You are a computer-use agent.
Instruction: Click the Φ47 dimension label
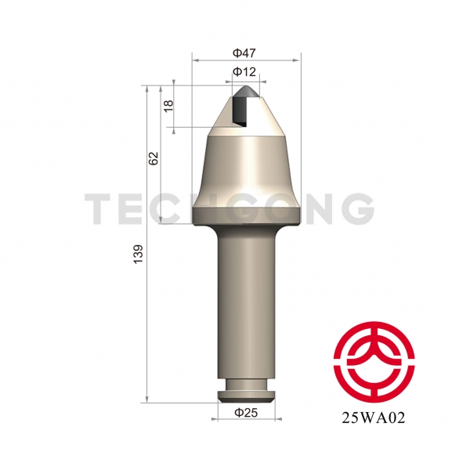pyautogui.click(x=244, y=53)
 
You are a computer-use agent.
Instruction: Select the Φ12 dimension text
pyautogui.click(x=244, y=72)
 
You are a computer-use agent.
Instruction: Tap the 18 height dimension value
pyautogui.click(x=168, y=106)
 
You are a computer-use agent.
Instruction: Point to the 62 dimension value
pyautogui.click(x=154, y=158)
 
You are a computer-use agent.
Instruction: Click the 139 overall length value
pyautogui.click(x=138, y=254)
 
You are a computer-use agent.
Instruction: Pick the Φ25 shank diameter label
pyautogui.click(x=246, y=413)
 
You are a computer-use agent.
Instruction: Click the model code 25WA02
pyautogui.click(x=374, y=418)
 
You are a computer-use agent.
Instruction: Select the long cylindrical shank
pyautogui.click(x=246, y=302)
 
